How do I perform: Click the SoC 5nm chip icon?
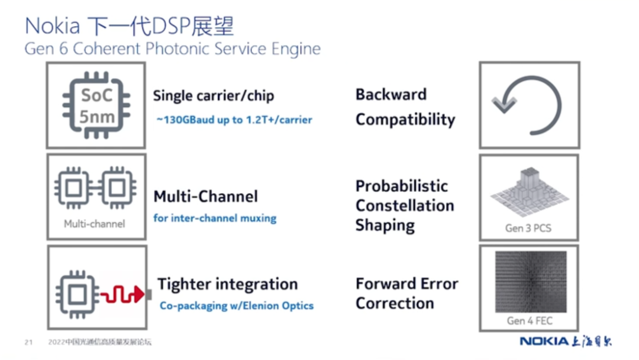(x=96, y=105)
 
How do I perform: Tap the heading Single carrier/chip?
(x=214, y=96)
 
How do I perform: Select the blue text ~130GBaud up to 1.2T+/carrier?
(x=234, y=120)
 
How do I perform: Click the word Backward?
(x=391, y=94)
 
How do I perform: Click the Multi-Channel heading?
(x=205, y=197)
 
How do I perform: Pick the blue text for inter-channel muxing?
(x=215, y=218)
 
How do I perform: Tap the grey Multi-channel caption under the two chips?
(x=95, y=224)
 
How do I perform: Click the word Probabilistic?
(x=401, y=186)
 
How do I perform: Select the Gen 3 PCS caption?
(x=528, y=228)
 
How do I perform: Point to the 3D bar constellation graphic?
(x=530, y=192)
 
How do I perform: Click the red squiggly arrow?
(x=122, y=294)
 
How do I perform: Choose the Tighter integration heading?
(x=227, y=284)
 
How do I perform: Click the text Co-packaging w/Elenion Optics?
(x=236, y=306)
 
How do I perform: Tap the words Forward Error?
(x=406, y=284)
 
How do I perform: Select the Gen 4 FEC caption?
(x=530, y=321)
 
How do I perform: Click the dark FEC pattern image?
(x=531, y=282)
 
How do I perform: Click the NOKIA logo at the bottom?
(x=544, y=341)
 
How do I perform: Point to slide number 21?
(x=28, y=342)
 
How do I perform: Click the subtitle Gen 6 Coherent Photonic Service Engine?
(x=172, y=49)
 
